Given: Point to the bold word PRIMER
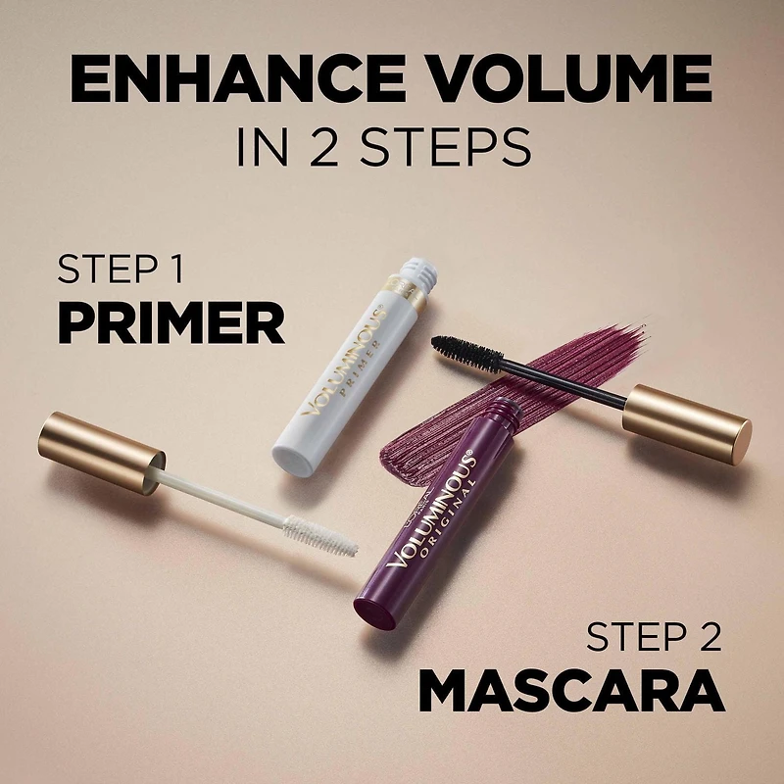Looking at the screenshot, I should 171,322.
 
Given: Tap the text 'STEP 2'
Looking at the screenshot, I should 654,638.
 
